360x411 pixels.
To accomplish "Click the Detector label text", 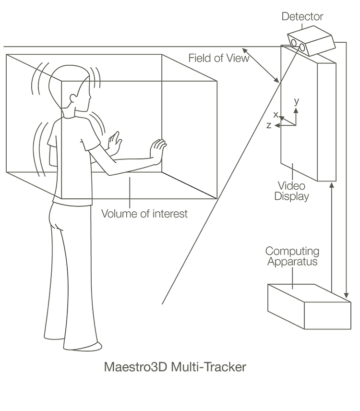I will click(302, 17).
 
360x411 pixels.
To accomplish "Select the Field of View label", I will click(218, 58).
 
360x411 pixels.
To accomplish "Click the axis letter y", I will click(297, 102).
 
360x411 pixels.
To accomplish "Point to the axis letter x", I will click(276, 115).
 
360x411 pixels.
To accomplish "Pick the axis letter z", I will click(269, 125).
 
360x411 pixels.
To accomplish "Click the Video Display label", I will click(291, 191).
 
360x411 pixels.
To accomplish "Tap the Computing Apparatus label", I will click(293, 256).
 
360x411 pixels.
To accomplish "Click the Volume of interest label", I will click(144, 214).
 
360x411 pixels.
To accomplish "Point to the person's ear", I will click(73, 99).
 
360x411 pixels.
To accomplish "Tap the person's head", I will click(72, 89).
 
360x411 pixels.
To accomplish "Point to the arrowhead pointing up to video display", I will click(331, 185).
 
